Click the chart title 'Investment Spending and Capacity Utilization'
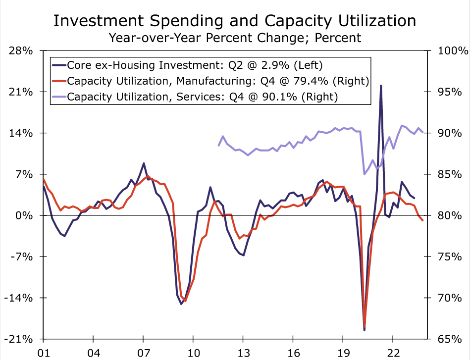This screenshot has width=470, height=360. click(x=235, y=20)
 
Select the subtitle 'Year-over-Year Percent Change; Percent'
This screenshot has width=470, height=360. click(x=235, y=37)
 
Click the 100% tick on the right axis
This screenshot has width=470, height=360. click(x=452, y=51)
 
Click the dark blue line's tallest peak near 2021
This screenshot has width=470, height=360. click(x=381, y=85)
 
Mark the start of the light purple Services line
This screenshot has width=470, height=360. click(x=218, y=145)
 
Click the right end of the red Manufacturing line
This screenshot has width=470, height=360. click(x=422, y=220)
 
